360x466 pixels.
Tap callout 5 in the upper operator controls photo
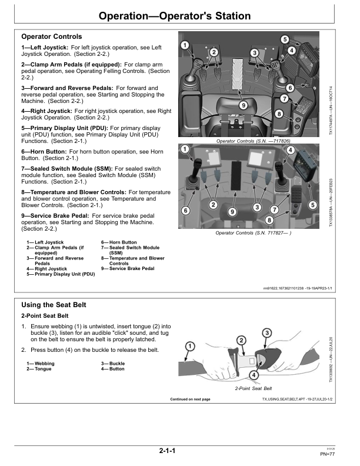point(285,39)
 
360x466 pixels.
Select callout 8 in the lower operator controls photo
point(269,219)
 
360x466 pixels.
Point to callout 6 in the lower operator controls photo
point(186,210)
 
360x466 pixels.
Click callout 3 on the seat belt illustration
point(267,333)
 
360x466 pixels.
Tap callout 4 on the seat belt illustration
point(254,375)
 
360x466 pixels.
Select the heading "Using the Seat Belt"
point(54,305)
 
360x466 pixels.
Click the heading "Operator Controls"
point(52,36)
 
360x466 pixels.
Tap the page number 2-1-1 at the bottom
point(167,451)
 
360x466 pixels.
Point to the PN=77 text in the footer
point(328,454)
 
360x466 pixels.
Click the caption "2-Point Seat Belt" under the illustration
point(254,389)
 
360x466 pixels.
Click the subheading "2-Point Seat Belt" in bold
point(45,316)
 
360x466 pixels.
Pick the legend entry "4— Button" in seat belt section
point(112,369)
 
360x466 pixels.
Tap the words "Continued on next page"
point(190,400)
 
